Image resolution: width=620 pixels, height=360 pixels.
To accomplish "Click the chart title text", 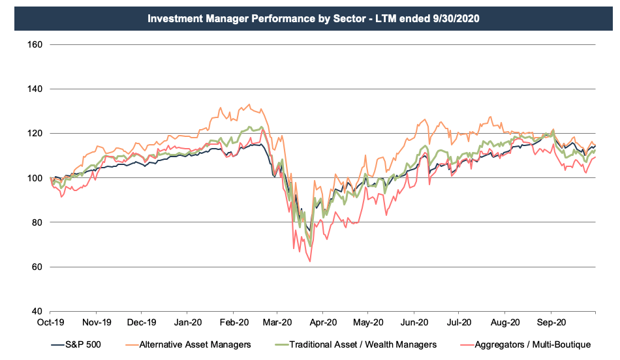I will pyautogui.click(x=313, y=18).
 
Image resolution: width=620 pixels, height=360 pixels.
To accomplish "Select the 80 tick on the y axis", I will pyautogui.click(x=37, y=222).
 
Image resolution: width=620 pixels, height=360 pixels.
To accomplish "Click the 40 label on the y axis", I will pyautogui.click(x=37, y=311).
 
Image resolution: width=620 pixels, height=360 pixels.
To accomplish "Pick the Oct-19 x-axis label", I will pyautogui.click(x=50, y=322).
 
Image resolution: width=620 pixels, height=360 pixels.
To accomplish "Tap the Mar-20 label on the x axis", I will pyautogui.click(x=277, y=322).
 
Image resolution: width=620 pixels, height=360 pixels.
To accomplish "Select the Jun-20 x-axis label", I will pyautogui.click(x=413, y=322).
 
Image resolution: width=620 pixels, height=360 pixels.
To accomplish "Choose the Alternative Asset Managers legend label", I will pyautogui.click(x=188, y=344).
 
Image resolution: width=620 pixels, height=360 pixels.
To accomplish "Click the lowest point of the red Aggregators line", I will pyautogui.click(x=310, y=262).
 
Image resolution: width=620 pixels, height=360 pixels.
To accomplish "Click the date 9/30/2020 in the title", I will pyautogui.click(x=454, y=18).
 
